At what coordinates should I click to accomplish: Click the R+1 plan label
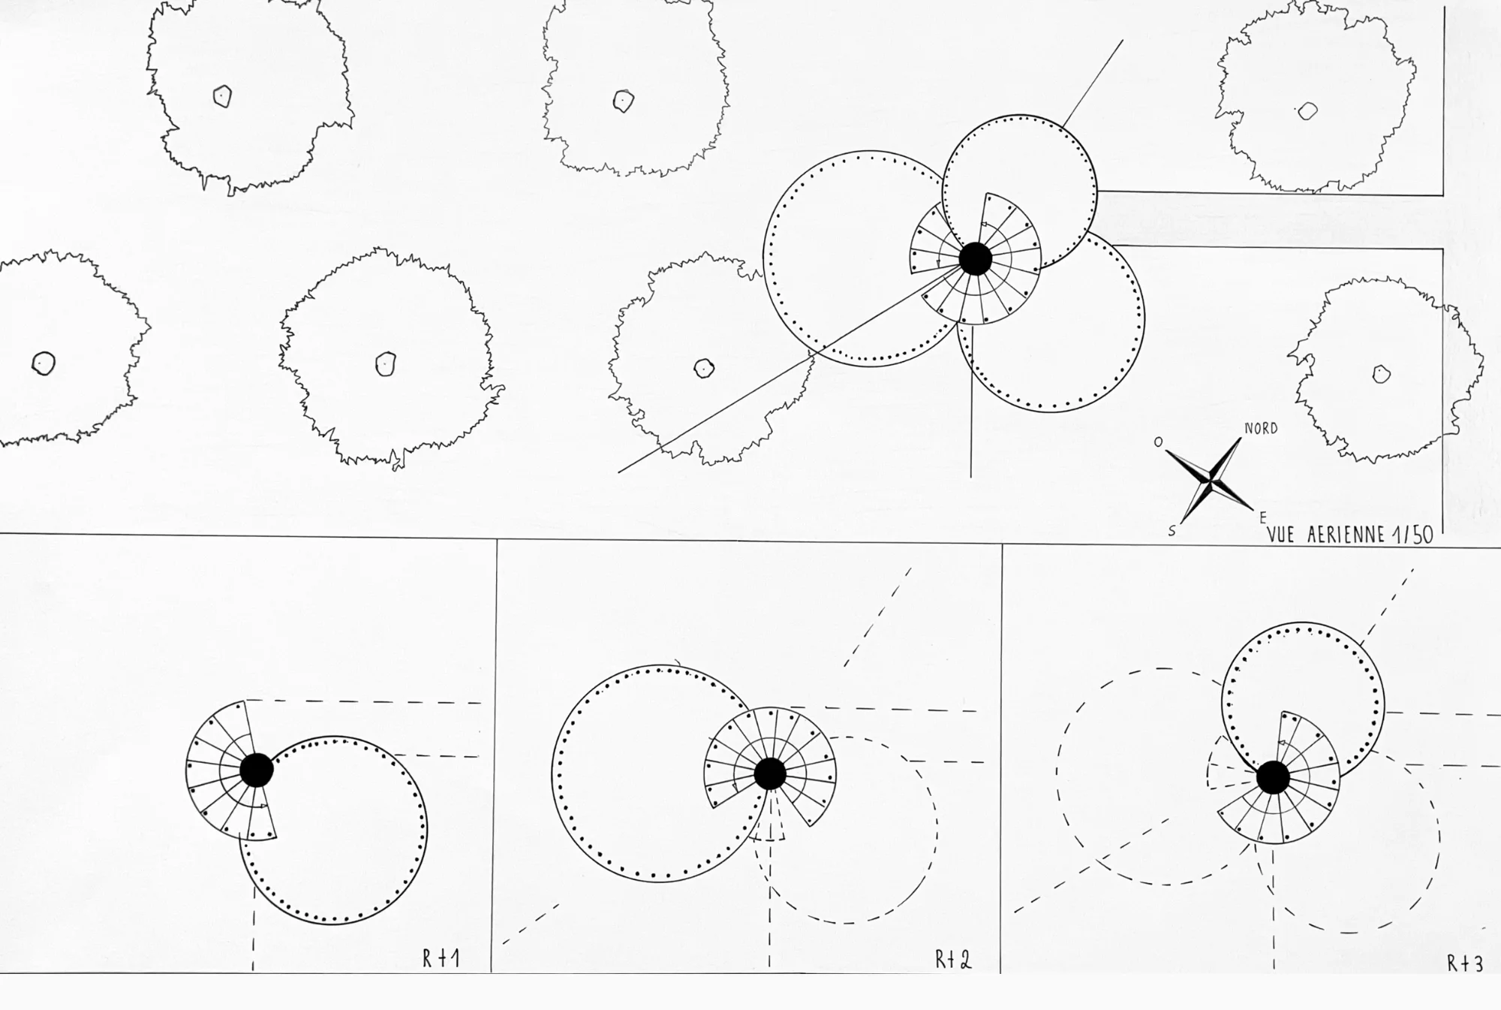[x=441, y=959]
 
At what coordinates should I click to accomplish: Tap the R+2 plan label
[x=953, y=960]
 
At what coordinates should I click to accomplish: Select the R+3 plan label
[x=1465, y=963]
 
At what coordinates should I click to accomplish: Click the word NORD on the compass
[x=1261, y=429]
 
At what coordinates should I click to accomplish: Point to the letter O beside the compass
[x=1158, y=442]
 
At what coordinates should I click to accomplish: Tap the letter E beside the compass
[x=1263, y=518]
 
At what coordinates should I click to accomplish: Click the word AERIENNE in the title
[x=1345, y=535]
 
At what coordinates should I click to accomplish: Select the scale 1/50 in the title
[x=1412, y=535]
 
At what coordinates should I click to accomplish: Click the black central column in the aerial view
[x=976, y=259]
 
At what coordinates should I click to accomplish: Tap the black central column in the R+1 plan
[x=257, y=770]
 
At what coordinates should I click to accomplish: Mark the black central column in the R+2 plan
[x=769, y=774]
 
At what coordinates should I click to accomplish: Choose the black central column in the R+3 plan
[x=1273, y=778]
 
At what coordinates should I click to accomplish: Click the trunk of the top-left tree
[x=222, y=96]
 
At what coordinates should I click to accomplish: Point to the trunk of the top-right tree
[x=1307, y=111]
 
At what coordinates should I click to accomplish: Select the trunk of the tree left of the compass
[x=703, y=368]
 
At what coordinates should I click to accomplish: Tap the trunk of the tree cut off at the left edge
[x=44, y=363]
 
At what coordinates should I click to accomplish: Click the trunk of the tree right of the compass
[x=1382, y=374]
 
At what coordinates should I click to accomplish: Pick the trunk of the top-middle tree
[x=624, y=101]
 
